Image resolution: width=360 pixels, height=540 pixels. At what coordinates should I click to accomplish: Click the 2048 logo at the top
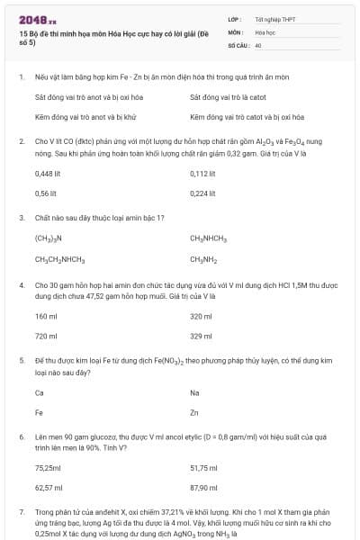coord(32,18)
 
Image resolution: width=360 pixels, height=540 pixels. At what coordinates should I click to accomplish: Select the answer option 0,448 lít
coord(47,172)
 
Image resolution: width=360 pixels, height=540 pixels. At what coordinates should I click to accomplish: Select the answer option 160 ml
coord(46,316)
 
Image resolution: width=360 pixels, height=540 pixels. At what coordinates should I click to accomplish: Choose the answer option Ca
coord(40,392)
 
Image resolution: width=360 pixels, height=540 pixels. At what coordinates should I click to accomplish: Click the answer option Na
coord(195,392)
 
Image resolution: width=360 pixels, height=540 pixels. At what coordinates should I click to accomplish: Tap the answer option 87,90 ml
coord(204,487)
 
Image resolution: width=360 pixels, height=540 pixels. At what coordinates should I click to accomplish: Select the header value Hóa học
coord(265,31)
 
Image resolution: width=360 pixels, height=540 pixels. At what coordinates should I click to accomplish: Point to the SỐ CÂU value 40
coord(258,44)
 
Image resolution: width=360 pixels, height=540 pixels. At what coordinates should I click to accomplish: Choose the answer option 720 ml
coord(46,336)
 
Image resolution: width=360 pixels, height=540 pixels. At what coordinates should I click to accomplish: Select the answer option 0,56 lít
coord(45,193)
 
